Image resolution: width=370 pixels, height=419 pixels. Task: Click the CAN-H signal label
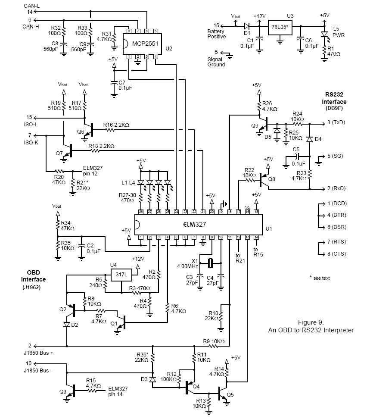[31, 26]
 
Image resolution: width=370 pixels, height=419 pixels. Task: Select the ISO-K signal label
[31, 143]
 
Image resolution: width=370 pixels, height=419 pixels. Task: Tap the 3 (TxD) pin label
[336, 123]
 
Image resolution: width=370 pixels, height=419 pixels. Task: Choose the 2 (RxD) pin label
[336, 188]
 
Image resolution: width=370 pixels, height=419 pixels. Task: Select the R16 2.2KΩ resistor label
[116, 125]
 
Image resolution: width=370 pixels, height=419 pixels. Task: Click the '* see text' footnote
[320, 278]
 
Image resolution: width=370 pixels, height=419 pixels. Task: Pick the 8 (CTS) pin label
[336, 254]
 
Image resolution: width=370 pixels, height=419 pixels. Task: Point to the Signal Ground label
[216, 62]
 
